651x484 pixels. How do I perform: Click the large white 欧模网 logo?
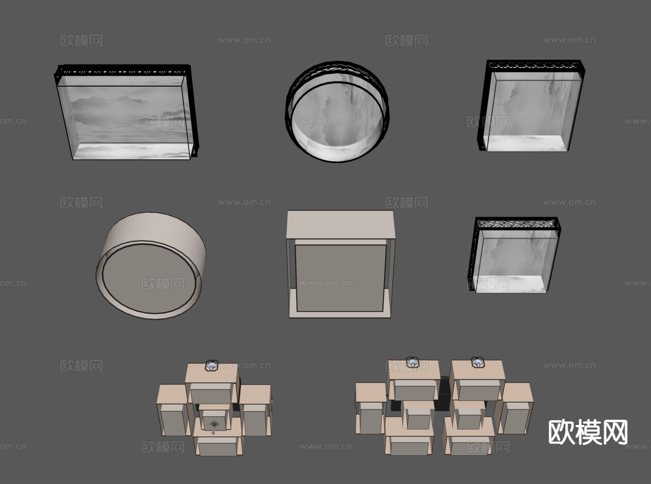[x=588, y=432]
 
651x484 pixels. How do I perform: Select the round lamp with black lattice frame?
[x=337, y=112]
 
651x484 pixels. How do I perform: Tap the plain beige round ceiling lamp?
[x=151, y=265]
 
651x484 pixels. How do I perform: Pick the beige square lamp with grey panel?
[x=340, y=264]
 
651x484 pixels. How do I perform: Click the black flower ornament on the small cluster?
[x=214, y=424]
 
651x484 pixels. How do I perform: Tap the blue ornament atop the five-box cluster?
[x=212, y=366]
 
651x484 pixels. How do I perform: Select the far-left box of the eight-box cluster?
[x=370, y=408]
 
